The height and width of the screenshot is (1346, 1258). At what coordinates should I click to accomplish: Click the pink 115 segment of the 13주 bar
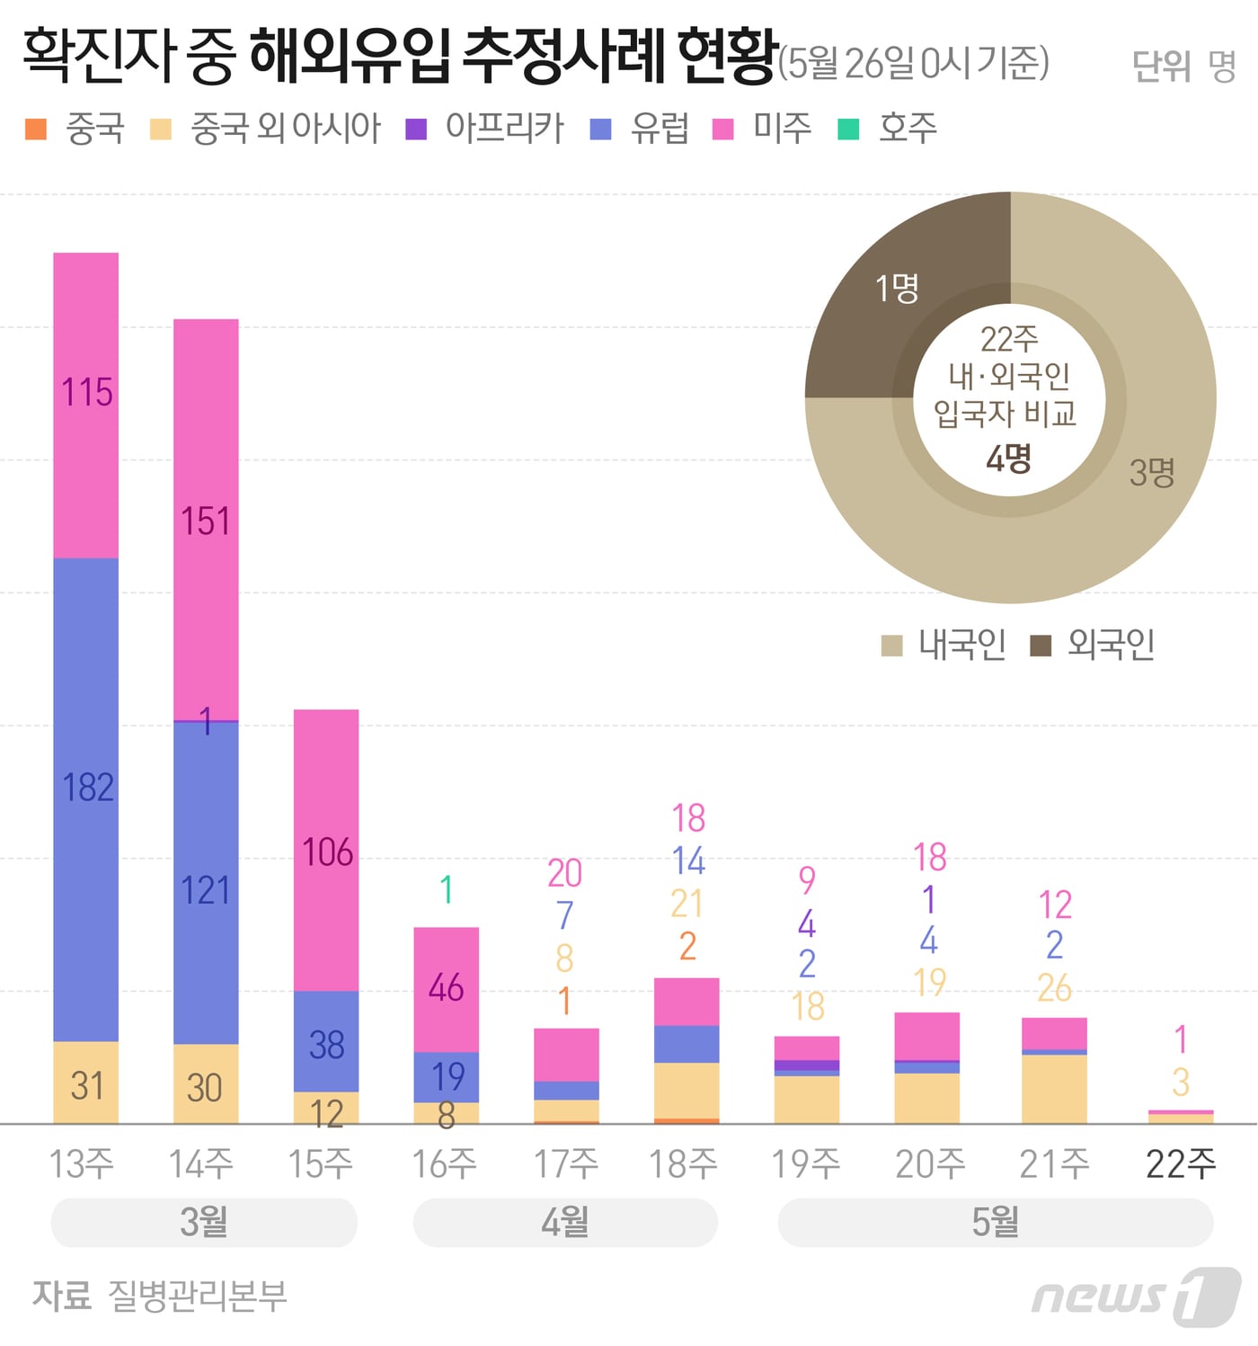[x=86, y=405]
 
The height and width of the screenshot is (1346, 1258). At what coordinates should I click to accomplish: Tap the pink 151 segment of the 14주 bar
[x=206, y=520]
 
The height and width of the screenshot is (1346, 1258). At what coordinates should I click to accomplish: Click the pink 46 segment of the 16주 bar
[x=446, y=989]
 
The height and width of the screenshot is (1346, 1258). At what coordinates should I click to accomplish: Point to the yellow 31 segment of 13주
[x=86, y=1083]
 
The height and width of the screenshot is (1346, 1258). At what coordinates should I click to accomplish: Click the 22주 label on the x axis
[x=1180, y=1164]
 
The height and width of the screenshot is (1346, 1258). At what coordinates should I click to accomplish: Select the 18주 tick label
[x=683, y=1164]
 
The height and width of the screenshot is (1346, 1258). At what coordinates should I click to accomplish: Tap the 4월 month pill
[x=565, y=1222]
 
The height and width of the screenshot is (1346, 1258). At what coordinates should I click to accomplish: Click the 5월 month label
[x=995, y=1222]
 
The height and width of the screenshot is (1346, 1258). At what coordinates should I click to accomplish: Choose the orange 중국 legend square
[x=36, y=129]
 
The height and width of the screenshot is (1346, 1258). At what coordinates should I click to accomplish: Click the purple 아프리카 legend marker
[x=416, y=129]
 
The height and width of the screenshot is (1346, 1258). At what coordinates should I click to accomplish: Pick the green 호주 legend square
[x=848, y=129]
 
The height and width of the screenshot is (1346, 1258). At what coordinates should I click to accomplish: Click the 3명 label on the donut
[x=1152, y=472]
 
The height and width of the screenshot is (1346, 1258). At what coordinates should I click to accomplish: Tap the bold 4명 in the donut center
[x=1009, y=459]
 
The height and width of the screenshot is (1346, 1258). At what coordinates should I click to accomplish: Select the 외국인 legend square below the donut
[x=1041, y=645]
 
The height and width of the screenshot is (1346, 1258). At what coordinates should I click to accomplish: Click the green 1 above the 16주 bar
[x=446, y=890]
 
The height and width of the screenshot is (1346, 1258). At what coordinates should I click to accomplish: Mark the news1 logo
[x=1136, y=1296]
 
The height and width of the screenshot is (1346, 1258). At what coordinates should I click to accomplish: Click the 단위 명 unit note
[x=1183, y=65]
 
